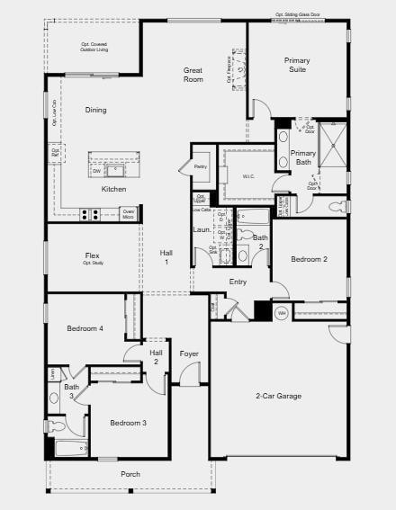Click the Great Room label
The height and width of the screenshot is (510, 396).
pos(193,75)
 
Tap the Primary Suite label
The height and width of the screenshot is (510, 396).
pos(297,65)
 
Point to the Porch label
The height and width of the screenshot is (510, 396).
pos(130,474)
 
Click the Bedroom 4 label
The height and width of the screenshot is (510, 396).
pos(85,328)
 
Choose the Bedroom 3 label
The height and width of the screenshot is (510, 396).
pos(128,423)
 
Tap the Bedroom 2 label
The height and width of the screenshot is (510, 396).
pos(309,259)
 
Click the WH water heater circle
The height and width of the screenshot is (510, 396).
pos(281,313)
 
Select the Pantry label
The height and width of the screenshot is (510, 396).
pos(201,166)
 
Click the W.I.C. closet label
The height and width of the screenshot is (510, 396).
pos(248,176)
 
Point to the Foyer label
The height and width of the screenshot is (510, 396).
pos(189,353)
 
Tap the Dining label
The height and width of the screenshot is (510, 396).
pos(95,110)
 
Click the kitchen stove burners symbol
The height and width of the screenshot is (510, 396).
pos(90,214)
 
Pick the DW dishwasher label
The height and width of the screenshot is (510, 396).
pos(95,170)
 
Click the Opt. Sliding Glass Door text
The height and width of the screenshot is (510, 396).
pos(298,14)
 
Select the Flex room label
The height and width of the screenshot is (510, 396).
pos(93,255)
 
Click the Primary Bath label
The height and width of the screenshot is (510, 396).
pos(303,158)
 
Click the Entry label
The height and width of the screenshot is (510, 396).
pos(238,282)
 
